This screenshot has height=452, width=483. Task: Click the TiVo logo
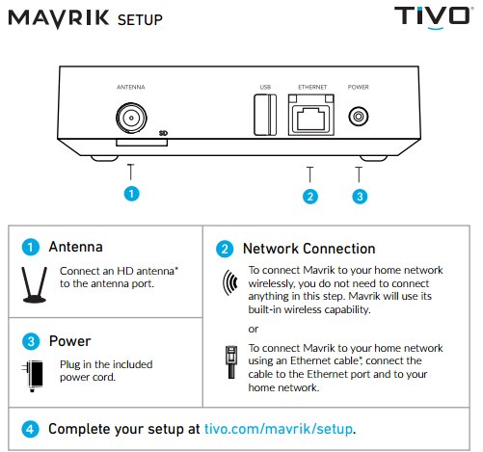click(x=432, y=17)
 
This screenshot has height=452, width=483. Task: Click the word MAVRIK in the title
click(x=59, y=18)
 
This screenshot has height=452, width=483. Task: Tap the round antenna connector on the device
click(x=131, y=118)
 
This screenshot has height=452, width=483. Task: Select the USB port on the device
click(x=265, y=115)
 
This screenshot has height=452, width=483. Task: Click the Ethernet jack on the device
click(x=311, y=115)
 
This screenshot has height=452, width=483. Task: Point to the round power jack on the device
click(x=359, y=116)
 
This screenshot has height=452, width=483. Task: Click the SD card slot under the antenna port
click(x=142, y=143)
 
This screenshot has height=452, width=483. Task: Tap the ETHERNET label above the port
click(x=312, y=87)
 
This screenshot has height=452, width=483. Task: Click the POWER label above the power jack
click(x=359, y=87)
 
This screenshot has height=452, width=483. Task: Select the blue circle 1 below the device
click(x=131, y=194)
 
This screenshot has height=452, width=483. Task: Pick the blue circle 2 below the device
click(x=310, y=197)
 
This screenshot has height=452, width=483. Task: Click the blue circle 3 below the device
click(x=360, y=197)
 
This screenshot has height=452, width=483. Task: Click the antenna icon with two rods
click(x=35, y=284)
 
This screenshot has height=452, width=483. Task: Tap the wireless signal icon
click(x=230, y=282)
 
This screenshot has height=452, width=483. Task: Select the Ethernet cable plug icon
click(x=231, y=361)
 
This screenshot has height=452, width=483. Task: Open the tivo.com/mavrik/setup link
click(x=279, y=429)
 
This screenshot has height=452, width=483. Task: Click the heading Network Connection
click(x=309, y=249)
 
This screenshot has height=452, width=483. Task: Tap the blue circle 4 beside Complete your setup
click(x=30, y=429)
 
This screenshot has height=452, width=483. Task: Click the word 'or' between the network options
click(x=254, y=329)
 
